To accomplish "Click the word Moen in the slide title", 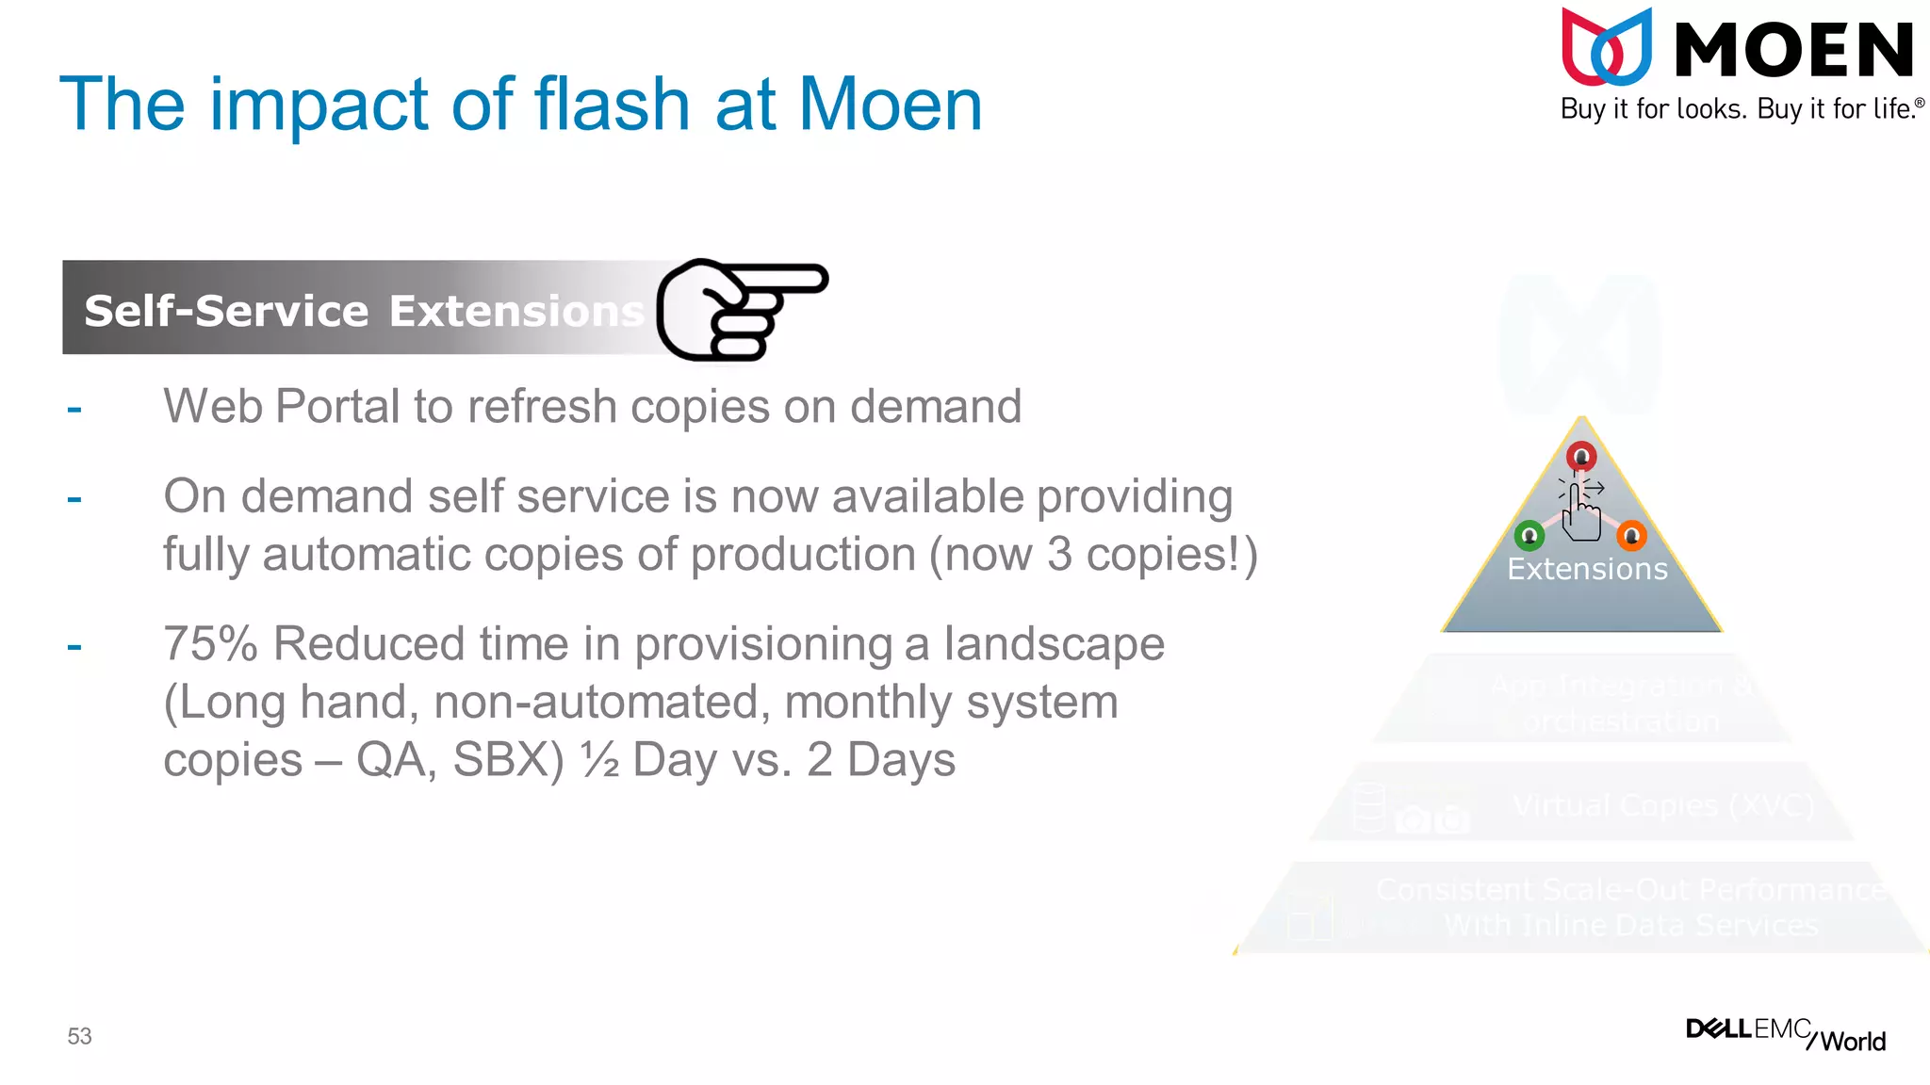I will pyautogui.click(x=890, y=104).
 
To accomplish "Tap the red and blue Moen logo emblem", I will pyautogui.click(x=1607, y=47).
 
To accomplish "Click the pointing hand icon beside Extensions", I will pyautogui.click(x=741, y=309).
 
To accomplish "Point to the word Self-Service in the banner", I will pyautogui.click(x=226, y=311).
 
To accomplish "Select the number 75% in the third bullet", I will pyautogui.click(x=210, y=644).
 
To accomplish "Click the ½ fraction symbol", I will pyautogui.click(x=599, y=759).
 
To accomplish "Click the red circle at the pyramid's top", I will pyautogui.click(x=1581, y=457).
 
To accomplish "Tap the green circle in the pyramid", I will pyautogui.click(x=1529, y=536).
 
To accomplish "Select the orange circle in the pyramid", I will pyautogui.click(x=1631, y=536).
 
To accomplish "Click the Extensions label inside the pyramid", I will pyautogui.click(x=1587, y=569).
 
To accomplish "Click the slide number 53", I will pyautogui.click(x=79, y=1036).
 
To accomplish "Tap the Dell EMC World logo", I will pyautogui.click(x=1785, y=1033).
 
